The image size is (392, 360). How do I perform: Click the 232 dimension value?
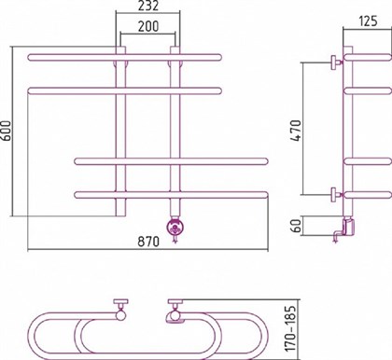tap(147, 7)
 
